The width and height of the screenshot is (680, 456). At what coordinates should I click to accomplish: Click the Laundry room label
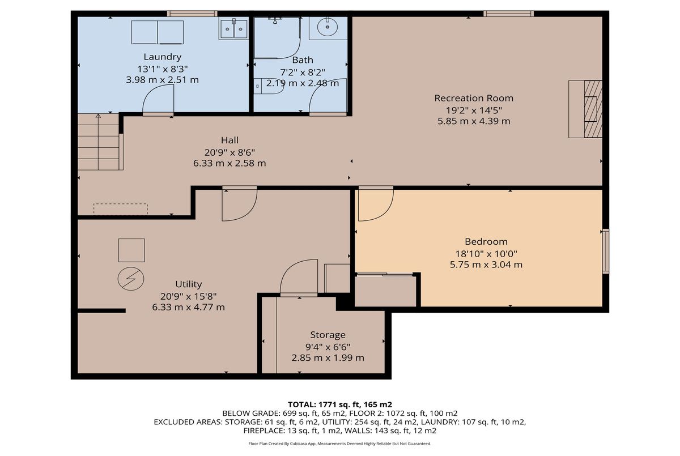(x=163, y=57)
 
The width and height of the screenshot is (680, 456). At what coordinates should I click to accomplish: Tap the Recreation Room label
(x=474, y=98)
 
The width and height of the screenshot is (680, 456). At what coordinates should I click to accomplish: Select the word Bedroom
(x=486, y=241)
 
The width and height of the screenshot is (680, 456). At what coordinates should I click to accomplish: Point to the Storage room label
(x=328, y=335)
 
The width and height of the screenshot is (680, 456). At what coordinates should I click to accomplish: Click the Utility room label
(x=188, y=284)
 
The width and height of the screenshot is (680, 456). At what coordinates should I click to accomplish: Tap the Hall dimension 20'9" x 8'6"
(x=229, y=152)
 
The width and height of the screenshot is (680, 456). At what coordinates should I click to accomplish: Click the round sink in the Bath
(x=328, y=27)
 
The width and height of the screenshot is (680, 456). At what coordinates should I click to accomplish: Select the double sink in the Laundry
(x=233, y=29)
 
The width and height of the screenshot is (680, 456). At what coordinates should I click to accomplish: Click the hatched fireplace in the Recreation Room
(x=593, y=109)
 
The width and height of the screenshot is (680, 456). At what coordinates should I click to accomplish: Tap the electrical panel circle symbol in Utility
(x=131, y=279)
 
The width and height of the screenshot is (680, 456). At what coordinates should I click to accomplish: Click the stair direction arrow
(x=98, y=142)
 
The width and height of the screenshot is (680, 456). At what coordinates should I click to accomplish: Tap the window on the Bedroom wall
(x=606, y=251)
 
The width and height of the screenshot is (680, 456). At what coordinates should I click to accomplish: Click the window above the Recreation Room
(x=508, y=14)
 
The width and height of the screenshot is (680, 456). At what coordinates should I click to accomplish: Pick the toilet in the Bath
(x=269, y=86)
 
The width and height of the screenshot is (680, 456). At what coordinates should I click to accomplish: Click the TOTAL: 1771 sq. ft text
(x=339, y=404)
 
